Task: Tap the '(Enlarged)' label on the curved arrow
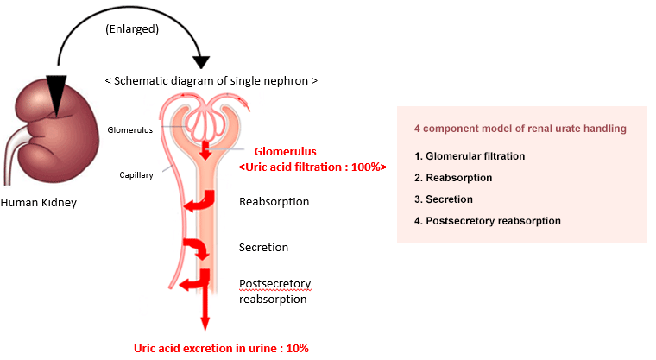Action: (132, 28)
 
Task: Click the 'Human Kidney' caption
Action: (39, 203)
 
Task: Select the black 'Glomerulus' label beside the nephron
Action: (130, 130)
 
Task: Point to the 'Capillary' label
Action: (136, 175)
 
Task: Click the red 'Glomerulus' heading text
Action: (286, 152)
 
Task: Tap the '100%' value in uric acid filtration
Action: (366, 167)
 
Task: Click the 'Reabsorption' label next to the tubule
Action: (274, 202)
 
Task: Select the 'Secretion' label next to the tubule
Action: (263, 248)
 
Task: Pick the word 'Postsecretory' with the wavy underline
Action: (274, 284)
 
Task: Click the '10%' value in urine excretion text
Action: (298, 348)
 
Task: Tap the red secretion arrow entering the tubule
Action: (197, 249)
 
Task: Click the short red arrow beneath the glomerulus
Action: (205, 150)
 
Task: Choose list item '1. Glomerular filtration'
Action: (470, 156)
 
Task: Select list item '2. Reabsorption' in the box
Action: (453, 178)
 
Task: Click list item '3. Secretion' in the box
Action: (444, 199)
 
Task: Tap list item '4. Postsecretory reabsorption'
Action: (488, 221)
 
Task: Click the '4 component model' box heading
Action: (520, 129)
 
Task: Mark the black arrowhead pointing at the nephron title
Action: (202, 63)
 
